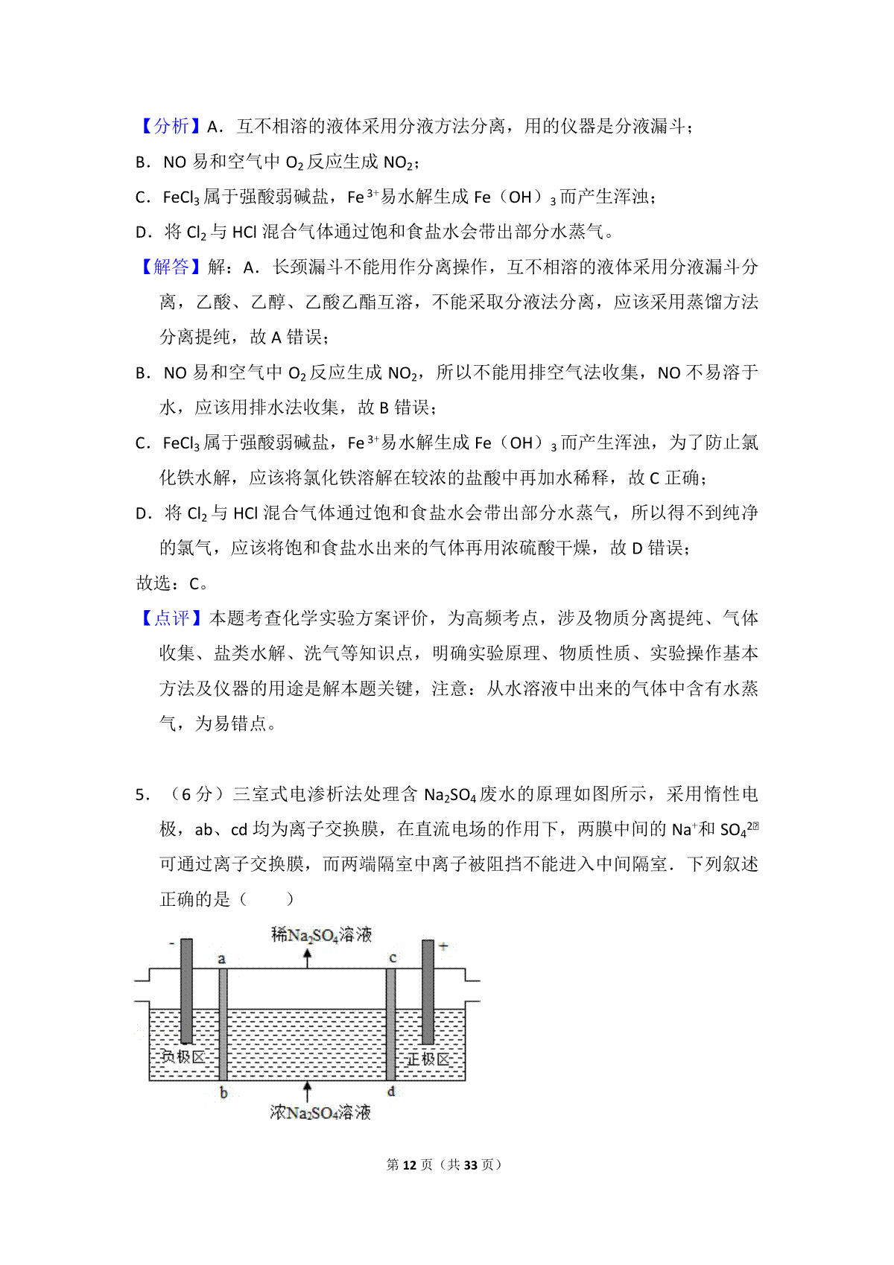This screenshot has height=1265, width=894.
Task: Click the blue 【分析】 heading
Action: [x=171, y=127]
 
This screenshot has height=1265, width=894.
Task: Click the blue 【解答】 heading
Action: [x=171, y=267]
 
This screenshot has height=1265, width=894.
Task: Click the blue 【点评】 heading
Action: [x=171, y=618]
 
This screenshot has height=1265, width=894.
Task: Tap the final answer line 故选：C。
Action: [x=172, y=583]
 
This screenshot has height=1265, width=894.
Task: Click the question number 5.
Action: [x=143, y=795]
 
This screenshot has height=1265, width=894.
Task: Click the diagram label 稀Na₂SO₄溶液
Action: [x=321, y=934]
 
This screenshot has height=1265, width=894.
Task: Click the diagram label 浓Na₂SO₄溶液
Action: [x=320, y=1112]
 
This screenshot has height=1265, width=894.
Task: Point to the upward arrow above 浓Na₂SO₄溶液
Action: [x=308, y=1091]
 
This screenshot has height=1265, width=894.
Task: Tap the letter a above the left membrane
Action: [x=221, y=959]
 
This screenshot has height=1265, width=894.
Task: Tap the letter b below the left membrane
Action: [x=223, y=1094]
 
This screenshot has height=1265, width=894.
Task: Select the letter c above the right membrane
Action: [x=393, y=958]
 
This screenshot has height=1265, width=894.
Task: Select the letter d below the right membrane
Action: [x=391, y=1092]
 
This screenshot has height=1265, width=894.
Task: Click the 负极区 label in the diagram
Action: [x=183, y=1057]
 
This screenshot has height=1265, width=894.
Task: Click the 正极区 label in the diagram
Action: [x=428, y=1059]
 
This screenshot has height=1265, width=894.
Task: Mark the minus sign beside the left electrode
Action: [x=172, y=944]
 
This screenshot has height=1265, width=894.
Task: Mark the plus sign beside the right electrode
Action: [x=443, y=946]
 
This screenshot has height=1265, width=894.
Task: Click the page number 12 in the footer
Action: [x=409, y=1164]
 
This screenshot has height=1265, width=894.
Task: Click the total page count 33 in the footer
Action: [x=470, y=1164]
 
